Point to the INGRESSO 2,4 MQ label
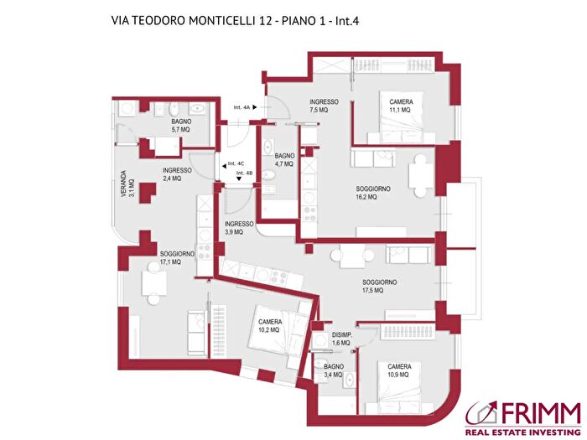click(177, 173)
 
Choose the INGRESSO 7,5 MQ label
click(323, 106)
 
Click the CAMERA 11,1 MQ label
click(400, 106)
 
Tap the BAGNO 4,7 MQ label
click(284, 159)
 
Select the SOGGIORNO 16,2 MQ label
click(372, 194)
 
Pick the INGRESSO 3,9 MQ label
click(239, 228)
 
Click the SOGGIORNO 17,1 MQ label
click(177, 258)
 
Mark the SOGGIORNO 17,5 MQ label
click(379, 287)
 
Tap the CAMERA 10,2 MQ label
click(270, 326)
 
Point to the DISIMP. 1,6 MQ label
click(341, 339)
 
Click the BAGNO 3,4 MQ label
click(334, 370)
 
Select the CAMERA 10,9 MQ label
click(398, 370)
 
